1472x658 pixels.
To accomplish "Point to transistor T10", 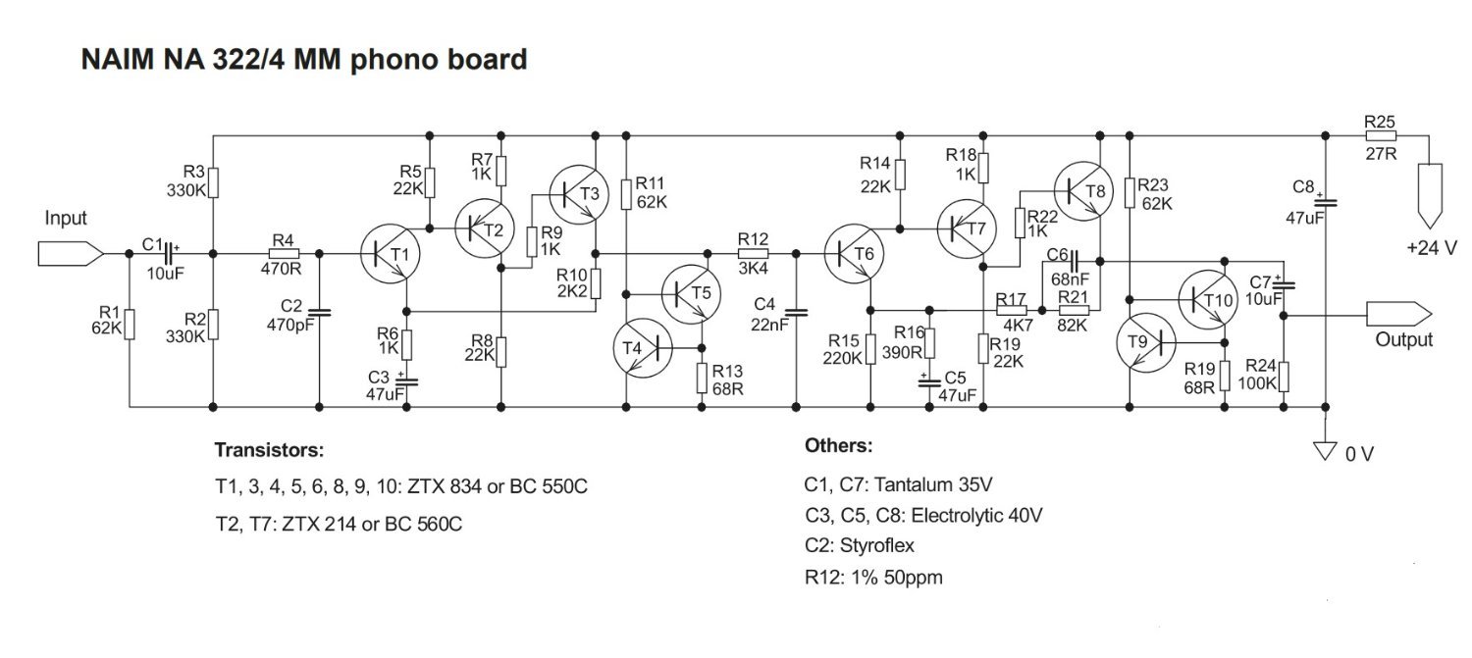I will tap(1205, 299).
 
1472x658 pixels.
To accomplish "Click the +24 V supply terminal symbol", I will tap(1429, 193).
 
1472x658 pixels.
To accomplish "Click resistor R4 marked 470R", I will tap(284, 254).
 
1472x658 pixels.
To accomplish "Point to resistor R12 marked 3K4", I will tap(753, 254).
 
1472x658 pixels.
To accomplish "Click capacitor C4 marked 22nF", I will tap(796, 312).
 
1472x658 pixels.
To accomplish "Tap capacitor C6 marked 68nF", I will tap(1074, 261).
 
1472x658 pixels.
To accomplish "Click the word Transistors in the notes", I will tap(268, 451).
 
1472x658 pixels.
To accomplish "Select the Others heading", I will tap(838, 446).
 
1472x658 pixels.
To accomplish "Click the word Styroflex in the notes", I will tap(872, 545).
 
